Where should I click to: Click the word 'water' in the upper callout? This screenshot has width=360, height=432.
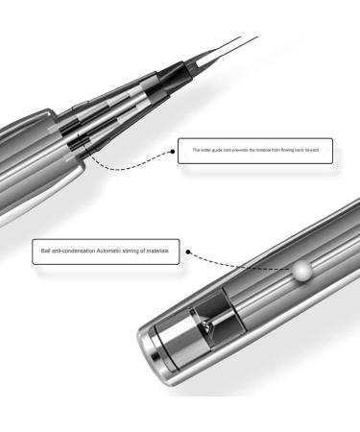pyautogui.click(x=204, y=152)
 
